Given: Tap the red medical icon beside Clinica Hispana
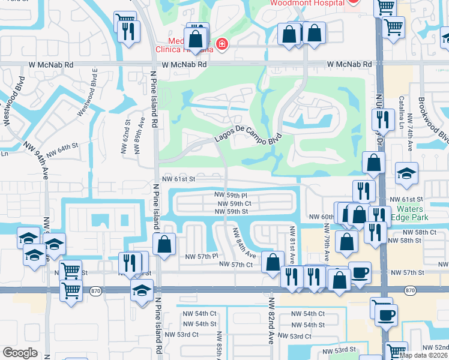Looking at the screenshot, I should pos(222,44).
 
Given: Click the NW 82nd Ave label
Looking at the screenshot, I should pos(271,328).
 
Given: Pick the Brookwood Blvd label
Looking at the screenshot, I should pos(433,121).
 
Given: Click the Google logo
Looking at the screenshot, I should pos(20,353).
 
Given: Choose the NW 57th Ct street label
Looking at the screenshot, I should pos(235,265).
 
